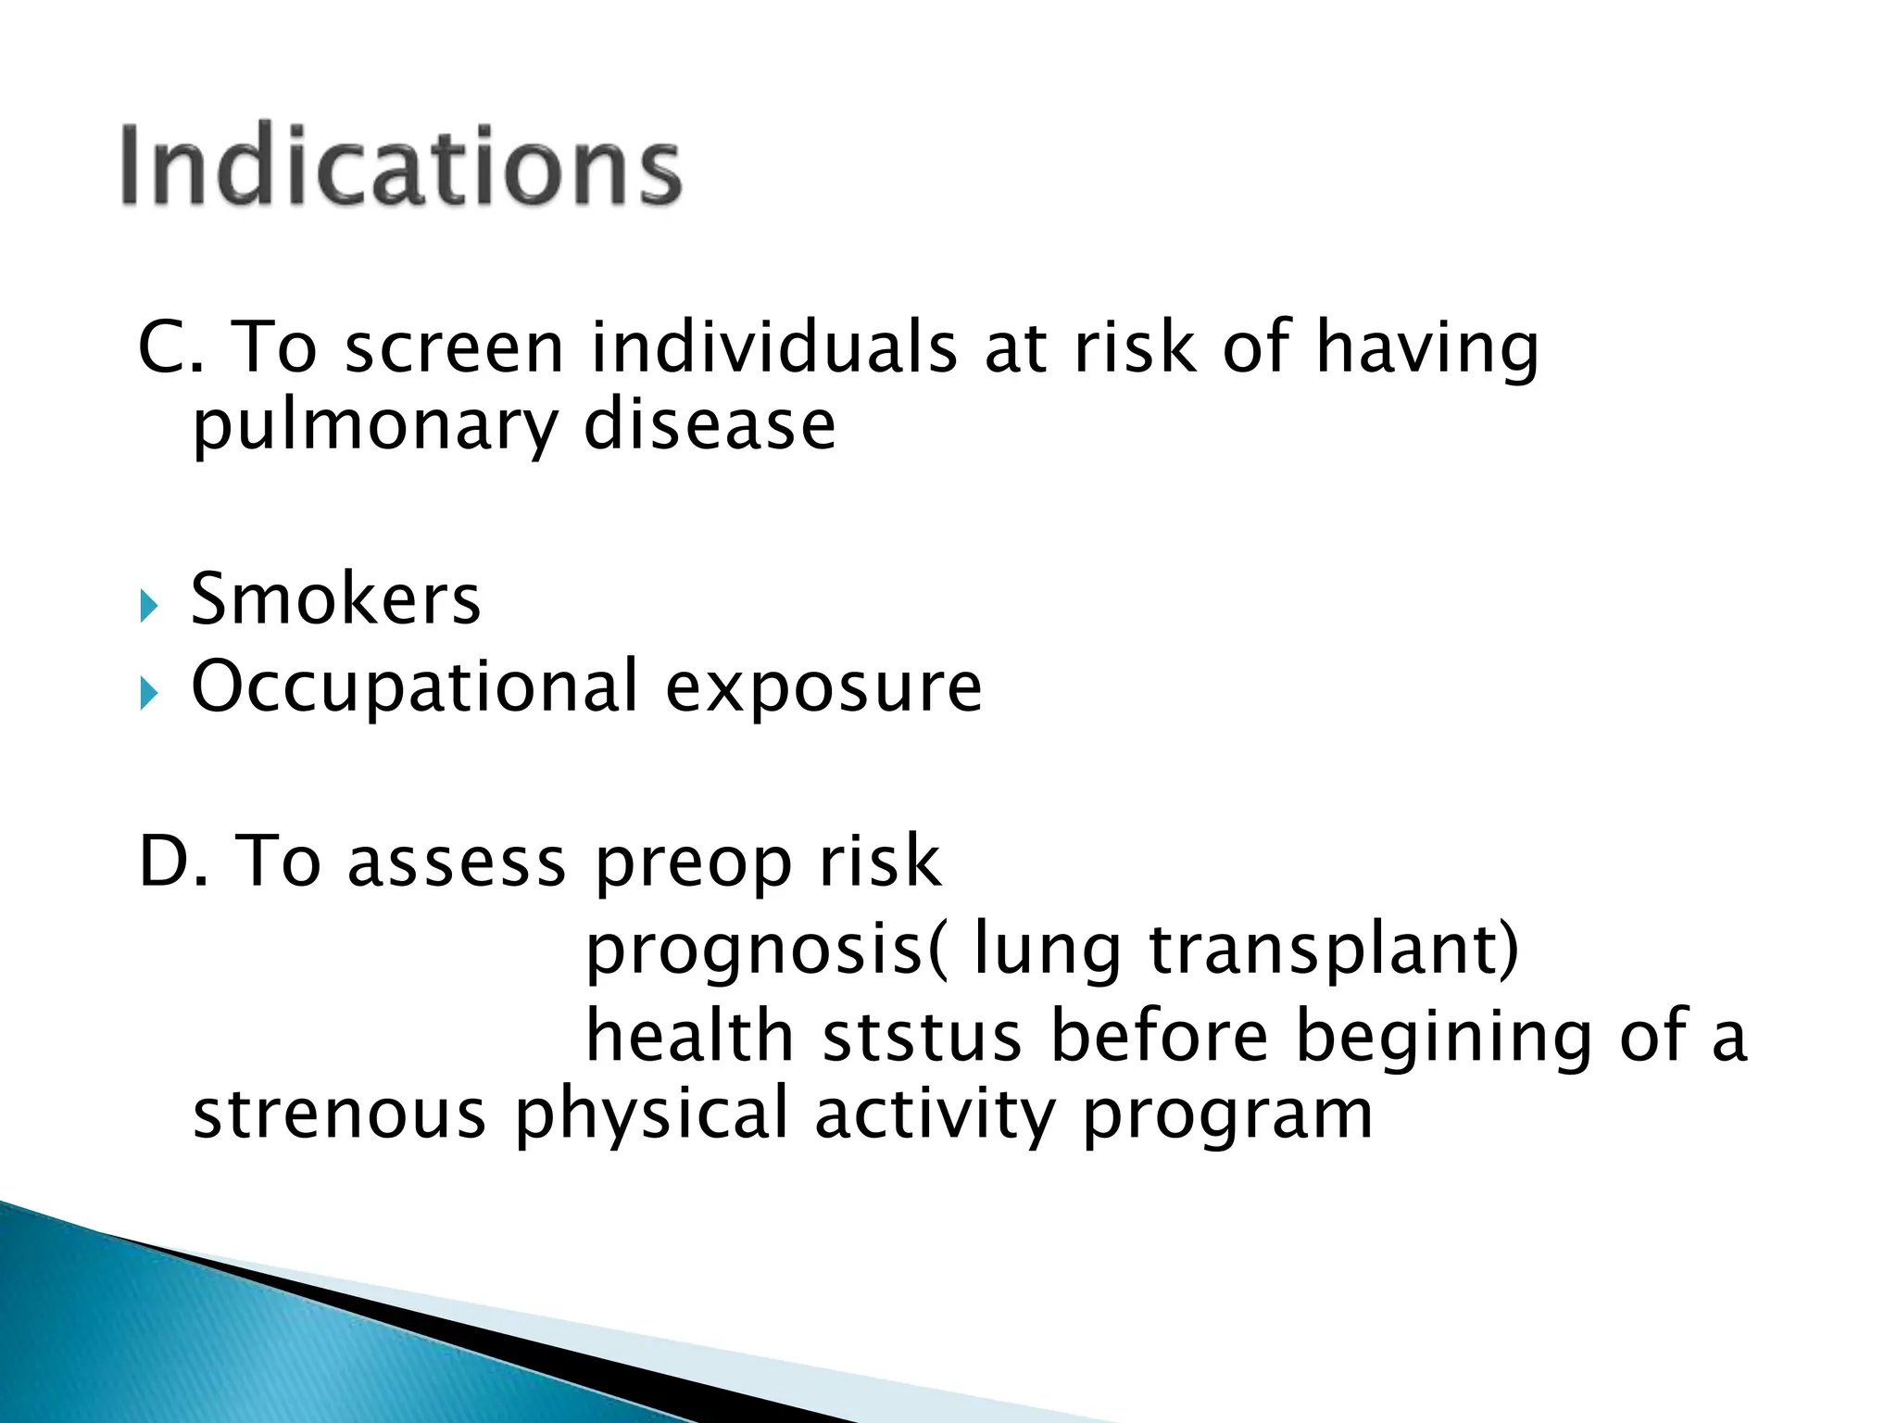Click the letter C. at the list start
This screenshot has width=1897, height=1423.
pyautogui.click(x=170, y=348)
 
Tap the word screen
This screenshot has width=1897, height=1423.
pyautogui.click(x=454, y=348)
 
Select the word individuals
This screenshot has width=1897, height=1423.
pyautogui.click(x=774, y=348)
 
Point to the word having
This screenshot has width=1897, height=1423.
pyautogui.click(x=1427, y=348)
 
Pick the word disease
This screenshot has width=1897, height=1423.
pyautogui.click(x=710, y=426)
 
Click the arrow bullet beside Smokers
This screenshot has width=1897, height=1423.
pyautogui.click(x=149, y=608)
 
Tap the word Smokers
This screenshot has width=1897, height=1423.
pyautogui.click(x=335, y=599)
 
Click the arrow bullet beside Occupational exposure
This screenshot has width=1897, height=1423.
pyautogui.click(x=149, y=694)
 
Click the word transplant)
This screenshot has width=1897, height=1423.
pyautogui.click(x=1334, y=951)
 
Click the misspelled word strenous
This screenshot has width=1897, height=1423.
pyautogui.click(x=339, y=1114)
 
